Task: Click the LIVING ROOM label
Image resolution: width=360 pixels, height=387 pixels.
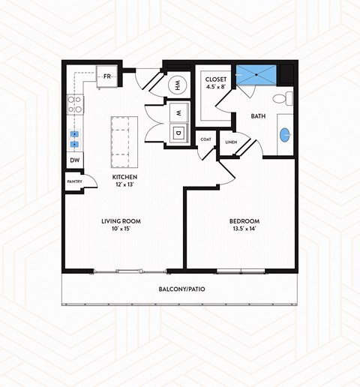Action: tap(121, 221)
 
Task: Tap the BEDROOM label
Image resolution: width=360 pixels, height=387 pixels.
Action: tap(244, 221)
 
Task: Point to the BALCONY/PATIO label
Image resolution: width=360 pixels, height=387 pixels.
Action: tap(181, 288)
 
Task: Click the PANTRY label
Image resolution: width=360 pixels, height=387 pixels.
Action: tap(74, 181)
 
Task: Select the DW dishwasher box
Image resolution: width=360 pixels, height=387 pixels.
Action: tap(75, 160)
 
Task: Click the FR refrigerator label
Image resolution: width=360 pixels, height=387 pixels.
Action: tap(107, 76)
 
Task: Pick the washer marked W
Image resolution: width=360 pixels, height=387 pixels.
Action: tap(179, 112)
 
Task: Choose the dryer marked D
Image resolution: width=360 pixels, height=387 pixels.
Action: tap(178, 133)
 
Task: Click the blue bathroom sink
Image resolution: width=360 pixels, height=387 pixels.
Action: tap(286, 135)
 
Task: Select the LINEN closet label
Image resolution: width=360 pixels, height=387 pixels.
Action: tap(230, 142)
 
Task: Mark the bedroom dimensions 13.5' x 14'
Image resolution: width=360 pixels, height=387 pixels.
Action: tap(244, 230)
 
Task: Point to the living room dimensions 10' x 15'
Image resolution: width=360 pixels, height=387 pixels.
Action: tap(121, 230)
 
